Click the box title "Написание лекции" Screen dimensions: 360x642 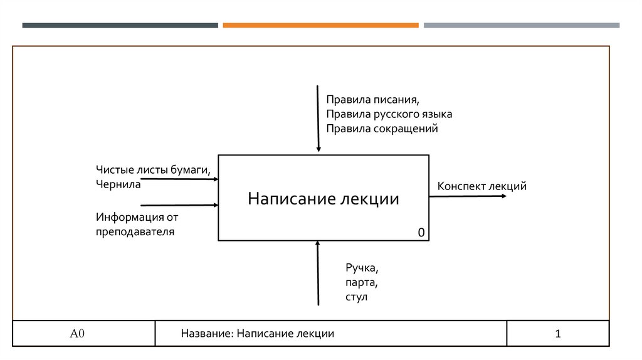tap(323, 199)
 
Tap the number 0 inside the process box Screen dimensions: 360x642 tap(422, 233)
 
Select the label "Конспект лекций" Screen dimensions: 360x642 tap(481, 186)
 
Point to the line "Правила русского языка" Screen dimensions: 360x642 tap(389, 115)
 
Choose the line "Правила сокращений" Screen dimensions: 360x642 tap(381, 129)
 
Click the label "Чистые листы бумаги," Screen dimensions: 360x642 tap(153, 170)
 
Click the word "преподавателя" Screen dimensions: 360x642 tap(135, 232)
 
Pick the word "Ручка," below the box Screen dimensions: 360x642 tap(361, 268)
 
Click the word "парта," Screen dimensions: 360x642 tap(360, 282)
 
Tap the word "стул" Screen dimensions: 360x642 tap(355, 297)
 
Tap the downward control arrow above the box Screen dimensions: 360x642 tap(318, 119)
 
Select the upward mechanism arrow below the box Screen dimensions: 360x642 tap(318, 273)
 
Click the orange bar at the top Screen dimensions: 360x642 tap(320, 26)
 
